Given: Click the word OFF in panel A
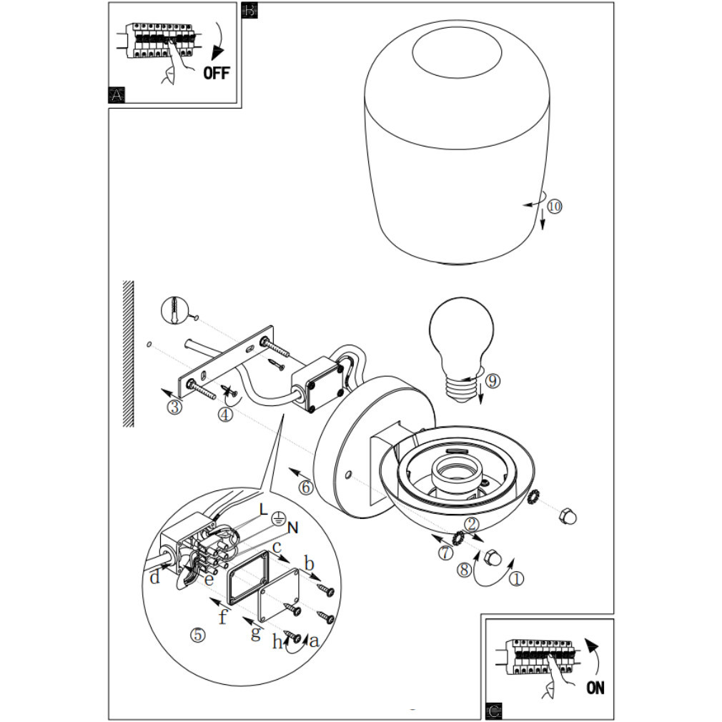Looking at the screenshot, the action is coord(216,73).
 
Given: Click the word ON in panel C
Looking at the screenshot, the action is coord(595,688).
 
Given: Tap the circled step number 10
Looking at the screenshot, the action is coord(555,206).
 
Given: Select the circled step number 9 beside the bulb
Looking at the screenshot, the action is coord(493,381).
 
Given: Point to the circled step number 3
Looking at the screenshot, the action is coord(174,407).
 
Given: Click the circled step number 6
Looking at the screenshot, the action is coord(306,487).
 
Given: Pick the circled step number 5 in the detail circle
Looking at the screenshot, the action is coord(197,635).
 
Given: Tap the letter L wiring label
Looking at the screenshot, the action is coord(263,509).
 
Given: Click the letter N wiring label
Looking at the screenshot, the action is coord(293,528).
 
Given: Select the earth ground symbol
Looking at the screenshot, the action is coord(277,518).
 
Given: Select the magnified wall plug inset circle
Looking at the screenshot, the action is coord(174,311).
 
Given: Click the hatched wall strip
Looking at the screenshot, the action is coord(129,354).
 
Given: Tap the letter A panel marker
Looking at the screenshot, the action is coord(117,95).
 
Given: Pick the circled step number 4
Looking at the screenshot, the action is coord(225,415).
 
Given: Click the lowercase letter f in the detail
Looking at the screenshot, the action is coord(223,615).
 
